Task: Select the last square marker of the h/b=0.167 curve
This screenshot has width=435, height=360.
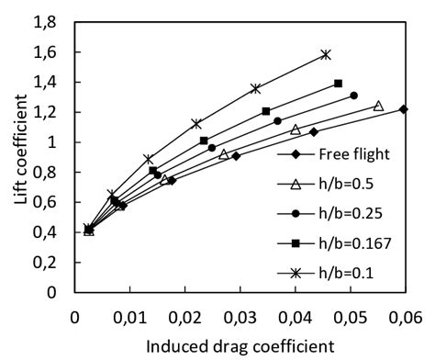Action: coord(339,84)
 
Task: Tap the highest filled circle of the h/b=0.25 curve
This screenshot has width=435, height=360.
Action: coord(353,96)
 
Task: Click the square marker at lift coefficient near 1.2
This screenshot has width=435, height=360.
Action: coord(266,111)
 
